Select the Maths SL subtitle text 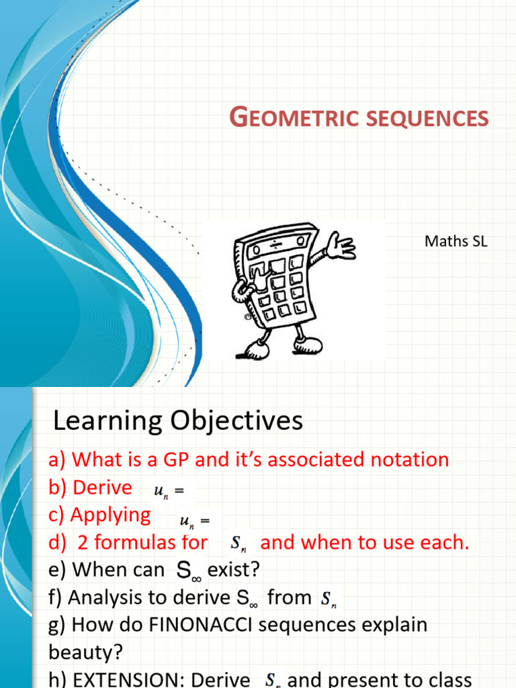point(456,241)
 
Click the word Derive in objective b point(102,487)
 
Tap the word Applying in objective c point(111,515)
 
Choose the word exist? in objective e point(234,570)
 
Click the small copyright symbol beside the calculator point(247,316)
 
